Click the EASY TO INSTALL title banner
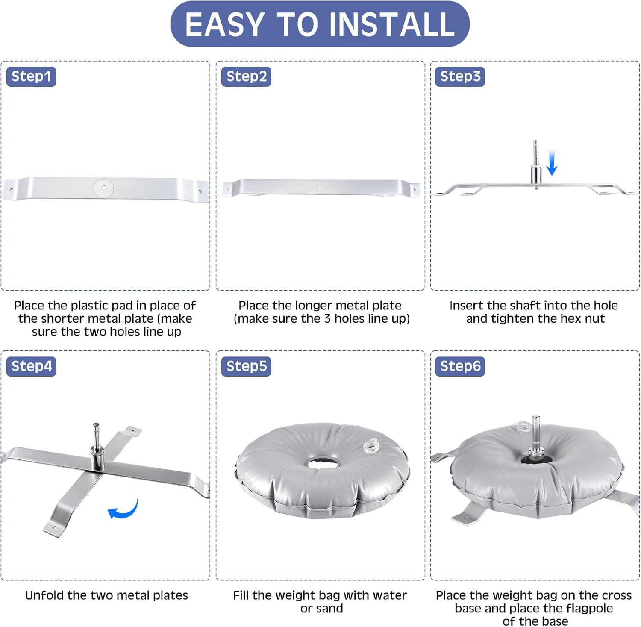(320, 24)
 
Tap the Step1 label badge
(31, 77)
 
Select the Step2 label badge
(246, 77)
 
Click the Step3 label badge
(460, 77)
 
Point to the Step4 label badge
(31, 366)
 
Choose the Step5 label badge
(246, 366)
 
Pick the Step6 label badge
(460, 366)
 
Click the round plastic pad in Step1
(104, 188)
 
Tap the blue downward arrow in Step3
(552, 163)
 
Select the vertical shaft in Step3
(536, 164)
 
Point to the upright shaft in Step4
(97, 447)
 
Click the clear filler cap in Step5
(371, 446)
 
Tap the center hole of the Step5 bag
(323, 462)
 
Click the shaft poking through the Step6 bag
(536, 439)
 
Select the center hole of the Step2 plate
(320, 186)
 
